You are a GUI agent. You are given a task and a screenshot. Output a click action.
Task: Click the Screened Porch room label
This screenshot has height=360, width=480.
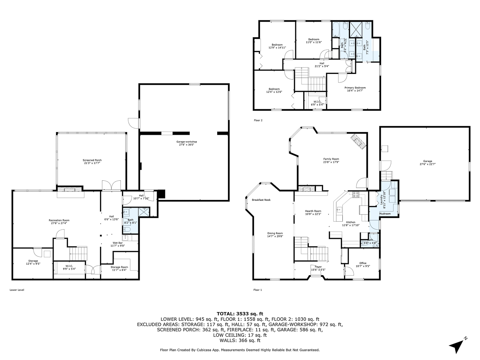click(x=92, y=160)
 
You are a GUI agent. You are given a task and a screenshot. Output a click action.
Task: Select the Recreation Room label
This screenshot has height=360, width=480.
click(x=59, y=220)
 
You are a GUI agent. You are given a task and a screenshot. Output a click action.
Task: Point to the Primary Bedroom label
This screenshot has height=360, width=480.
click(x=356, y=88)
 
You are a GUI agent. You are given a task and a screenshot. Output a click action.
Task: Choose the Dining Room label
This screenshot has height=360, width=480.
click(x=275, y=233)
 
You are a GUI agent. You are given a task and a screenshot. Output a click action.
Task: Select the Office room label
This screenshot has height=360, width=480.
click(x=363, y=263)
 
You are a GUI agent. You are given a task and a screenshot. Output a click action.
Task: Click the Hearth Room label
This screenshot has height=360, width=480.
click(x=314, y=211)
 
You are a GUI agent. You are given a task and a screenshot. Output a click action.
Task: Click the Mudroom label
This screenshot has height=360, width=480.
click(x=385, y=214)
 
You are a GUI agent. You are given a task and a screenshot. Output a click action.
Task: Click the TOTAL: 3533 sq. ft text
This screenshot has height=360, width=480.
click(x=240, y=313)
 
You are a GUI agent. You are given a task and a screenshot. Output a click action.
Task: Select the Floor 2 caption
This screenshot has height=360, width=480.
click(x=258, y=120)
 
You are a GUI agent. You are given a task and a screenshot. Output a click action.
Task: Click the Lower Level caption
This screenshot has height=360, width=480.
click(x=17, y=290)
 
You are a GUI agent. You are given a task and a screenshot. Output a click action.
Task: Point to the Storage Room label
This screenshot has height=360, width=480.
click(x=119, y=267)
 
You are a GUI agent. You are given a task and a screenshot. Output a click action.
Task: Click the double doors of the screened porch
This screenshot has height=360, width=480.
click(x=111, y=185)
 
